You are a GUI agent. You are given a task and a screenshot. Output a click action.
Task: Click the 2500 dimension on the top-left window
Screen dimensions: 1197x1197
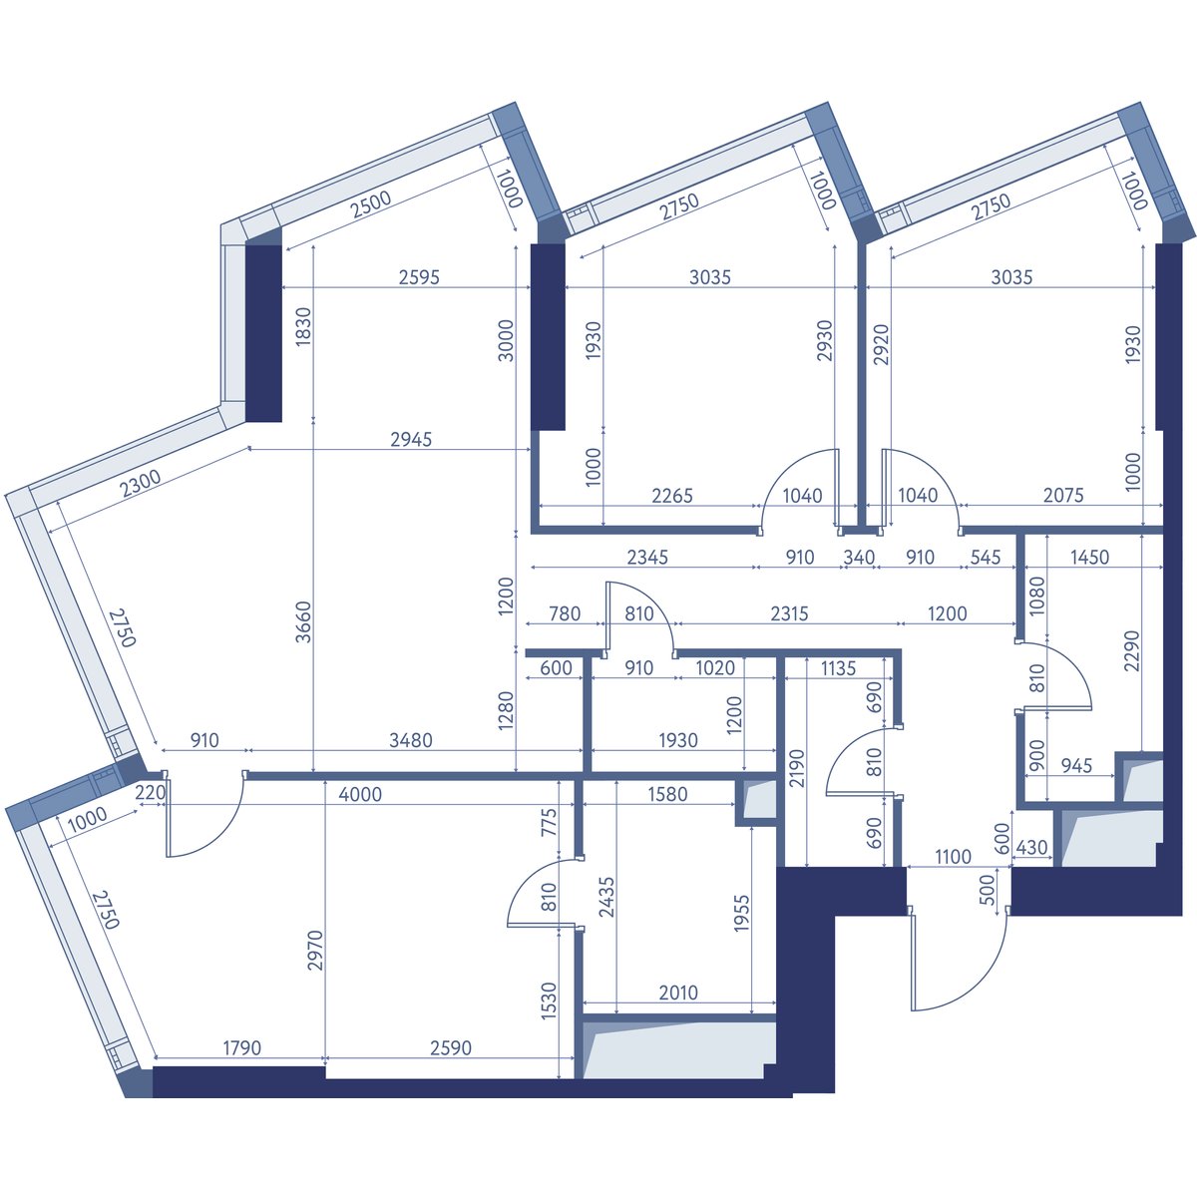pos(371,204)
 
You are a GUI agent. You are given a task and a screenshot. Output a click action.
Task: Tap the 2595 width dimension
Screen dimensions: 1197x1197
pos(419,277)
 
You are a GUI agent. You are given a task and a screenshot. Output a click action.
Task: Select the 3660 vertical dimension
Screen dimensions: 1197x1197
pos(302,621)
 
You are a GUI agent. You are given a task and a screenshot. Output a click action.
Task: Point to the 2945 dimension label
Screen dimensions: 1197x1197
pos(411,439)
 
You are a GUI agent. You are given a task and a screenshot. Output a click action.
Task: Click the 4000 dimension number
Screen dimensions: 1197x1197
pos(360,794)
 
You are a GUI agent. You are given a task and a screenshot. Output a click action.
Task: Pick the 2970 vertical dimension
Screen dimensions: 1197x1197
pos(315,950)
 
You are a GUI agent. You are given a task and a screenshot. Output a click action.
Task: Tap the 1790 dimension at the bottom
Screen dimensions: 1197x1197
pos(241,1048)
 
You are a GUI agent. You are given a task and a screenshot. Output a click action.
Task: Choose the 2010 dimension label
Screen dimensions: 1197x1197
pos(678,993)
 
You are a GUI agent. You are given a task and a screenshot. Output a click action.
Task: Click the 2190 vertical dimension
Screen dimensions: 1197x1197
pos(797,768)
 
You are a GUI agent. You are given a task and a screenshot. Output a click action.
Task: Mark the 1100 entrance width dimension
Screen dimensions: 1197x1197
pos(953,857)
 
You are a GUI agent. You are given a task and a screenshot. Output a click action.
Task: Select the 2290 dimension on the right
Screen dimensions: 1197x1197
pos(1132,651)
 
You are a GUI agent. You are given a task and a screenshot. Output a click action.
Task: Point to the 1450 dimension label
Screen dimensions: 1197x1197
pos(1089,557)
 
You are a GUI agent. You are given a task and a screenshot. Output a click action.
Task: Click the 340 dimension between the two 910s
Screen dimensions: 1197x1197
pos(859,558)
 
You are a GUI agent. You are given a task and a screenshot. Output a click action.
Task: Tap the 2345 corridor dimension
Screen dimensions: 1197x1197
pos(647,558)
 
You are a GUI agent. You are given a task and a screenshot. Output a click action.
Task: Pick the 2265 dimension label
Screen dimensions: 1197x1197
pos(672,496)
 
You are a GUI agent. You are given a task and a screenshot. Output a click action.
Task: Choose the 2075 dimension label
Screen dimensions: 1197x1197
pos(1063,495)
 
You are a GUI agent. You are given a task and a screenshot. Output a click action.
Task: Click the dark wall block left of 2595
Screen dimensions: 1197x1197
pos(264,333)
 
